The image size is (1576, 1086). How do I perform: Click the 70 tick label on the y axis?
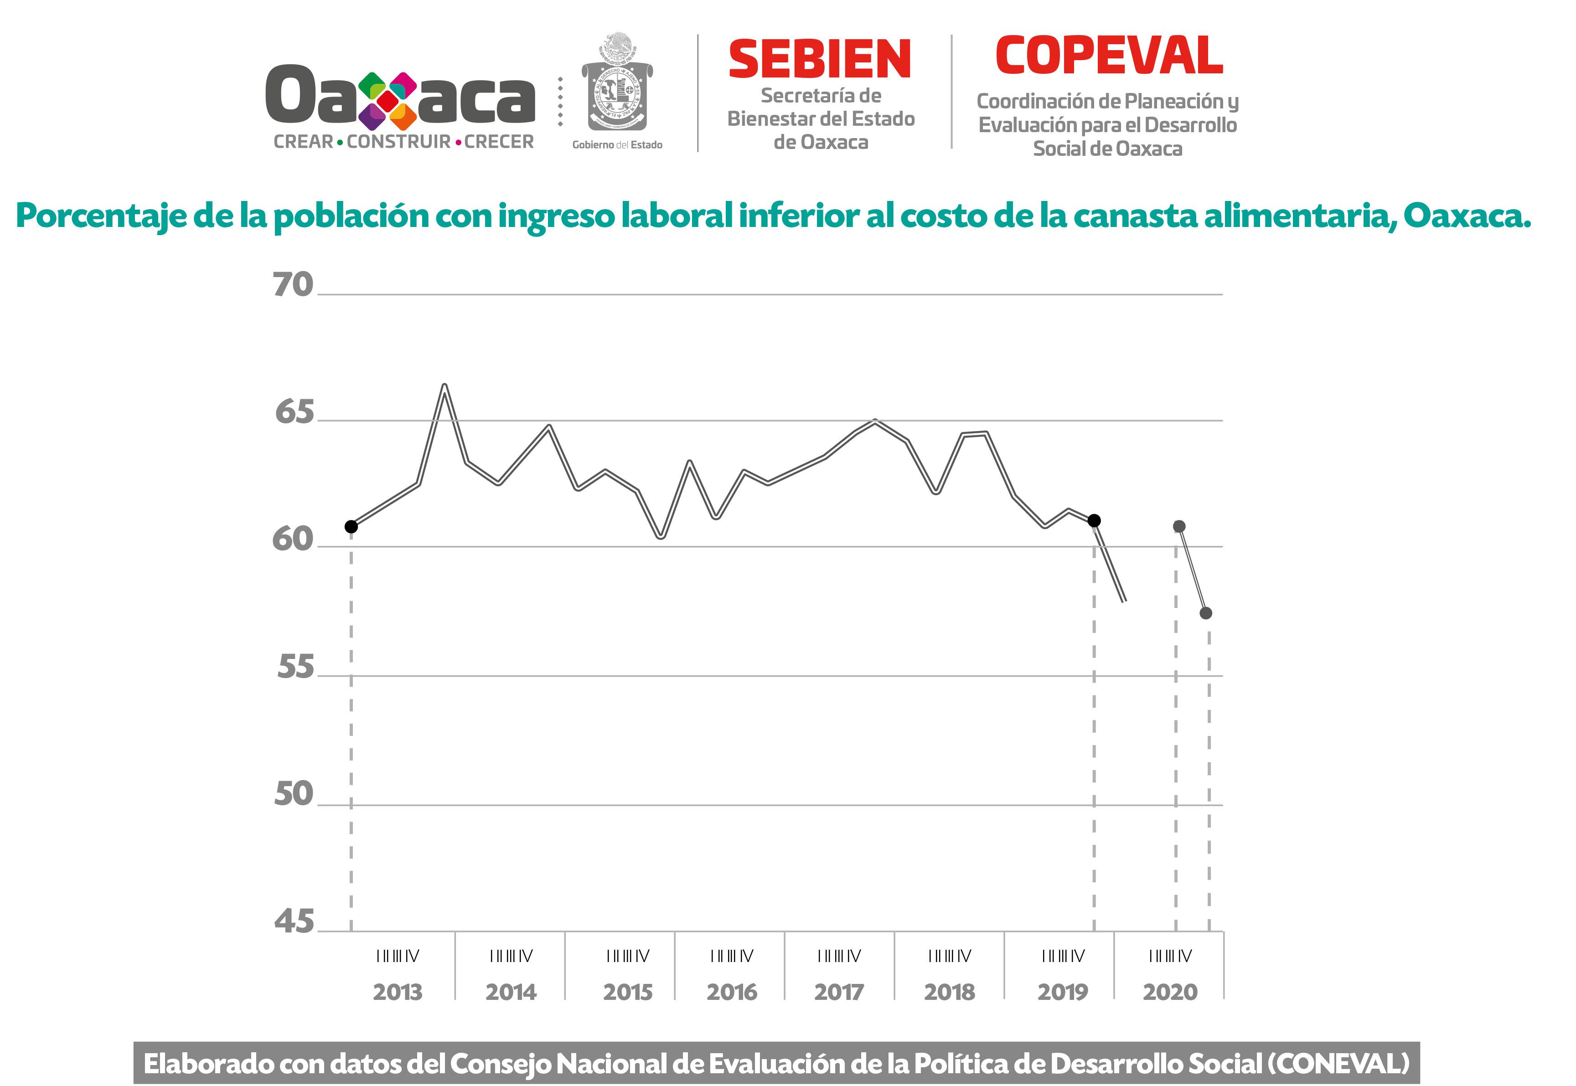pos(293,284)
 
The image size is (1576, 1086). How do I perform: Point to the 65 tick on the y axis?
pos(295,412)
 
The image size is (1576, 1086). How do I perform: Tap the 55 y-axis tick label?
pos(295,667)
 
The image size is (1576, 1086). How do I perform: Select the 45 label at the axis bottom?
pos(294,921)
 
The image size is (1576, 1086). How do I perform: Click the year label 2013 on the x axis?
pos(398,992)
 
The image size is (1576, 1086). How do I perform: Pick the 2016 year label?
pos(732,992)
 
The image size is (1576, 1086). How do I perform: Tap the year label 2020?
pos(1170,992)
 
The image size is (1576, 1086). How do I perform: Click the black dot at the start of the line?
pos(351,527)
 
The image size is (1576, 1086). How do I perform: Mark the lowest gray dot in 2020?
pos(1206,613)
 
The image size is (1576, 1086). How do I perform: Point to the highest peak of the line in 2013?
pos(444,386)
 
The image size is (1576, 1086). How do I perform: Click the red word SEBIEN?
pos(820,59)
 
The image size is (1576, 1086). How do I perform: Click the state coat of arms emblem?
pos(617,85)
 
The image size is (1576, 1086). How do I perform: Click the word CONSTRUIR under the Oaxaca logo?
pos(399,142)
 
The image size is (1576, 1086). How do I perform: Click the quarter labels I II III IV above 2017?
pos(839,956)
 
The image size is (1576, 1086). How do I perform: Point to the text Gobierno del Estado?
pos(617,145)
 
